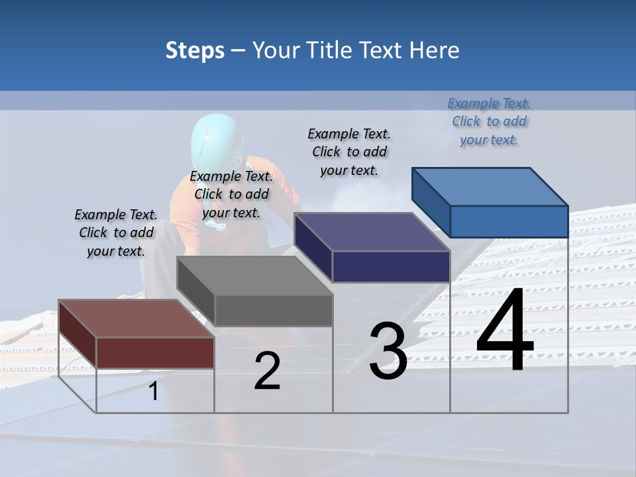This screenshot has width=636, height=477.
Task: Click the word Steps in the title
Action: pos(195,50)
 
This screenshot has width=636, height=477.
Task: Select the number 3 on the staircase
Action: pos(388,351)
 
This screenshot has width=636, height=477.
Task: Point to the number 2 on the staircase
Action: pos(267,372)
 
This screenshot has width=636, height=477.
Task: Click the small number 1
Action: pos(154,392)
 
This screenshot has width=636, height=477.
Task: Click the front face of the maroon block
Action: pos(155,352)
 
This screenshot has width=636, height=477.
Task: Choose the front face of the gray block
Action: pos(273,310)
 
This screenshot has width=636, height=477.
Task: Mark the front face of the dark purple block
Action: pos(391,266)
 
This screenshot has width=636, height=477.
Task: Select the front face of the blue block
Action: pos(509,221)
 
